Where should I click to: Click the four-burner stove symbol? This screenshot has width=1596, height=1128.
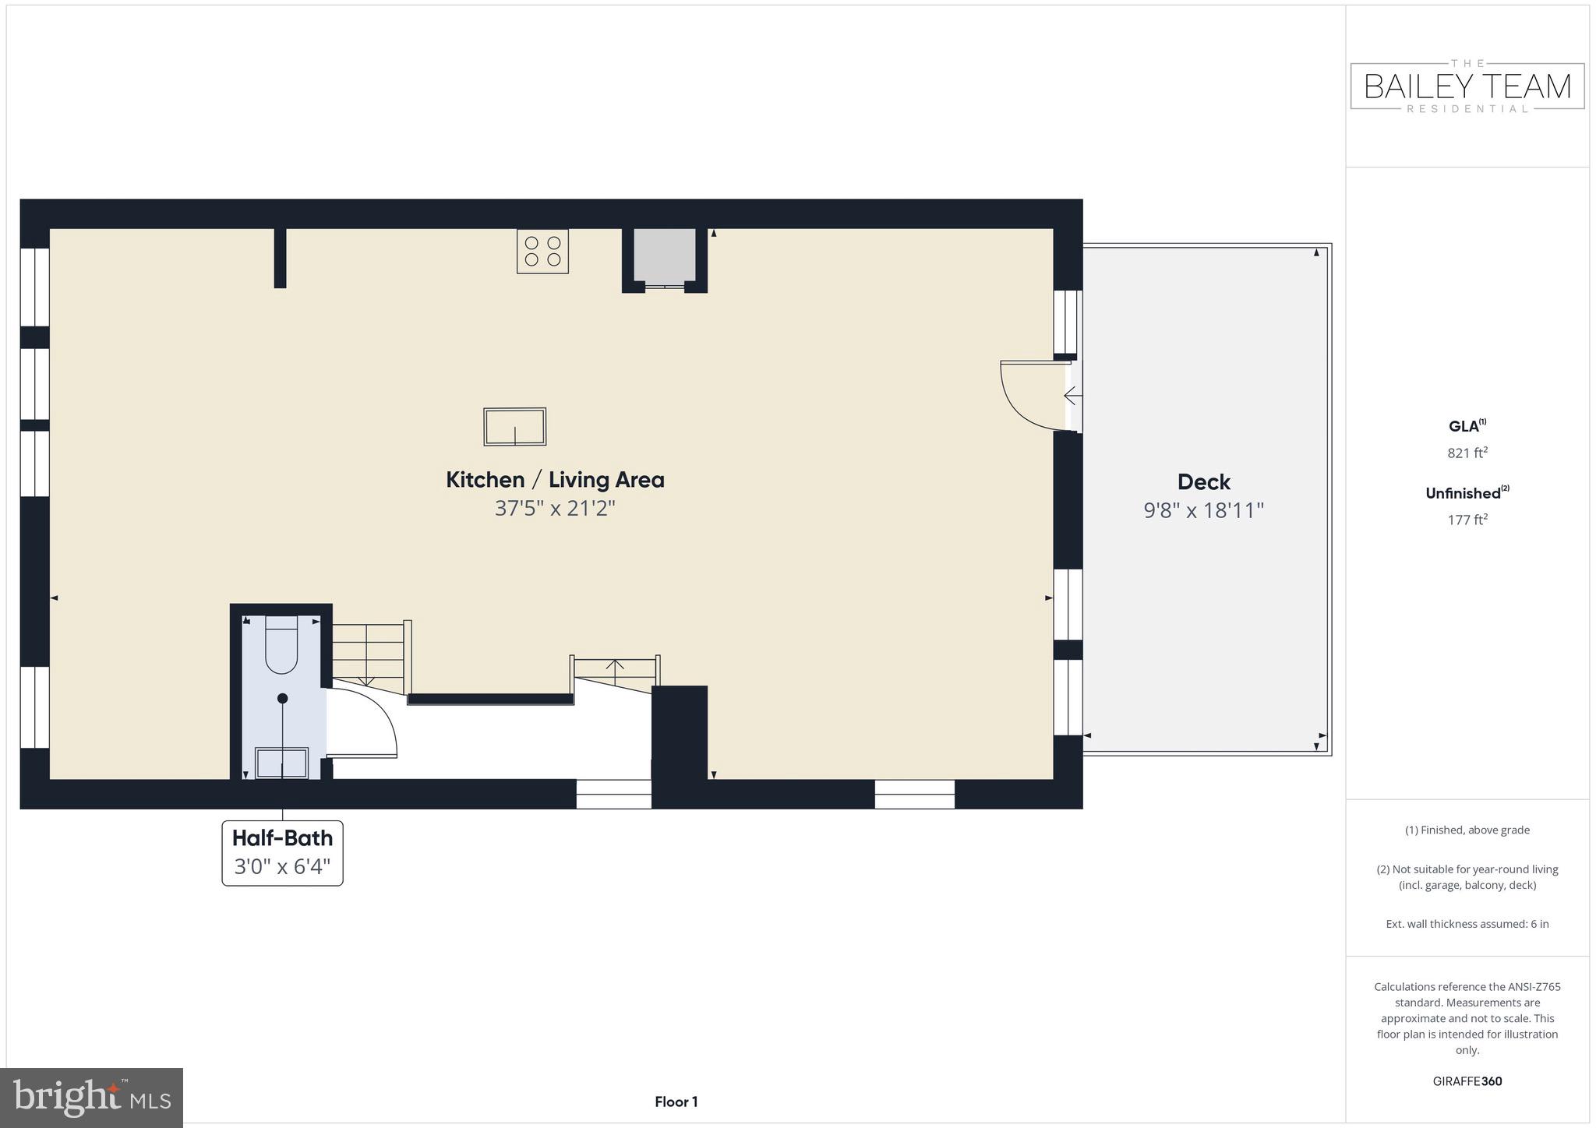(542, 251)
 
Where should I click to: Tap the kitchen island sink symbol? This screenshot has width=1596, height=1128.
(514, 427)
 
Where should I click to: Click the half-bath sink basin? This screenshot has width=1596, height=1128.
(282, 762)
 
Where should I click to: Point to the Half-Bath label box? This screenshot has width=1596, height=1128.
(282, 852)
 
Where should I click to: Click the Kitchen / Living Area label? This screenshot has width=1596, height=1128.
(555, 480)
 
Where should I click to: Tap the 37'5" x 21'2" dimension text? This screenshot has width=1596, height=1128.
(555, 509)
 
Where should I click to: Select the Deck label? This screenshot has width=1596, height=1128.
(1203, 482)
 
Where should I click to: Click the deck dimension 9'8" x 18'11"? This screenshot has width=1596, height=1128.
(1203, 510)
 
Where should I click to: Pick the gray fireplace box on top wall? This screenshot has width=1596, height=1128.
(664, 256)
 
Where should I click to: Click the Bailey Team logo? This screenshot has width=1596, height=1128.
(1467, 86)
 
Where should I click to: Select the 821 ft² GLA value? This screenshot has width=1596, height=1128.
(1467, 453)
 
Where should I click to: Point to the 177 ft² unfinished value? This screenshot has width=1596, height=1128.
(1467, 520)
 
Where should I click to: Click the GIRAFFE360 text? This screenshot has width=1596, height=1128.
(1467, 1081)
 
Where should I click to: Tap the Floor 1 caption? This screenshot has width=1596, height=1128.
(676, 1102)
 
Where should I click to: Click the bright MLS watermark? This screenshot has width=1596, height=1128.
(91, 1098)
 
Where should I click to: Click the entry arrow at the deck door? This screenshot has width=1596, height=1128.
(1072, 396)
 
